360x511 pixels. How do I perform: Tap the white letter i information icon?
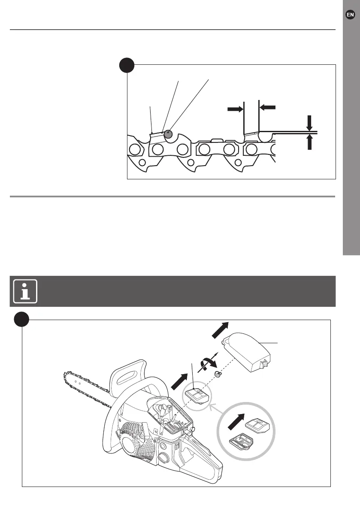point(24,291)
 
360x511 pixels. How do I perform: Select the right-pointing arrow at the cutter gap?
point(233,110)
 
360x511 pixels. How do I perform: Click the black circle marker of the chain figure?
point(127,66)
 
